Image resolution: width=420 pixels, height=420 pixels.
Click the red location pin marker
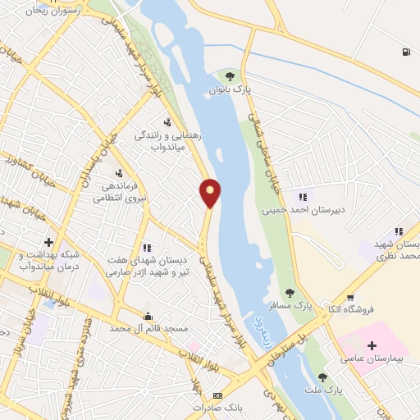pyautogui.click(x=211, y=191)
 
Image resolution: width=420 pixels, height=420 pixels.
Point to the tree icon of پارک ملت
pyautogui.click(x=322, y=377)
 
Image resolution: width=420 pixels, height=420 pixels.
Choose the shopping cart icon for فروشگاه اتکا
pyautogui.click(x=350, y=297)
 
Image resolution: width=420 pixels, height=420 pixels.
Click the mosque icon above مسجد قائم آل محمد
pyautogui.click(x=148, y=316)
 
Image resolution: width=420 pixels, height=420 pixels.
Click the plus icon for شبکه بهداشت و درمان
pyautogui.click(x=49, y=243)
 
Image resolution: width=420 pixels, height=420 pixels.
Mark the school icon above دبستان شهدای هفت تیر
pyautogui.click(x=147, y=247)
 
